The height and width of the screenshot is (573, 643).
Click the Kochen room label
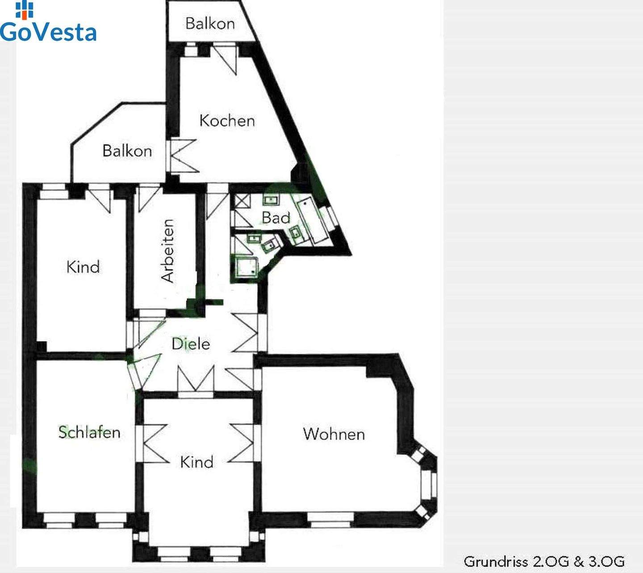(227, 120)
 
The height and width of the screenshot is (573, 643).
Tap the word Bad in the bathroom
(276, 218)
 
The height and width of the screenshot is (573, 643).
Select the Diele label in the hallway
(191, 344)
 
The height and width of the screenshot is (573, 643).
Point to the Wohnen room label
(334, 434)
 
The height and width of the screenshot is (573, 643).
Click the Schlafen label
(89, 432)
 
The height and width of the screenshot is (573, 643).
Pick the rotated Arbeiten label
(168, 251)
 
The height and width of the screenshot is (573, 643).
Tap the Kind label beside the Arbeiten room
(83, 267)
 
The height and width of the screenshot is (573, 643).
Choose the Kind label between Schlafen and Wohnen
(196, 462)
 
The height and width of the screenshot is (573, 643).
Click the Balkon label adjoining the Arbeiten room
(127, 151)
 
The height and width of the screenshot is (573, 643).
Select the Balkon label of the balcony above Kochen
(210, 23)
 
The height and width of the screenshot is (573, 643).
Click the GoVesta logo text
(48, 32)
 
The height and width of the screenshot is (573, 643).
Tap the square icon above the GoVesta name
(24, 9)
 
